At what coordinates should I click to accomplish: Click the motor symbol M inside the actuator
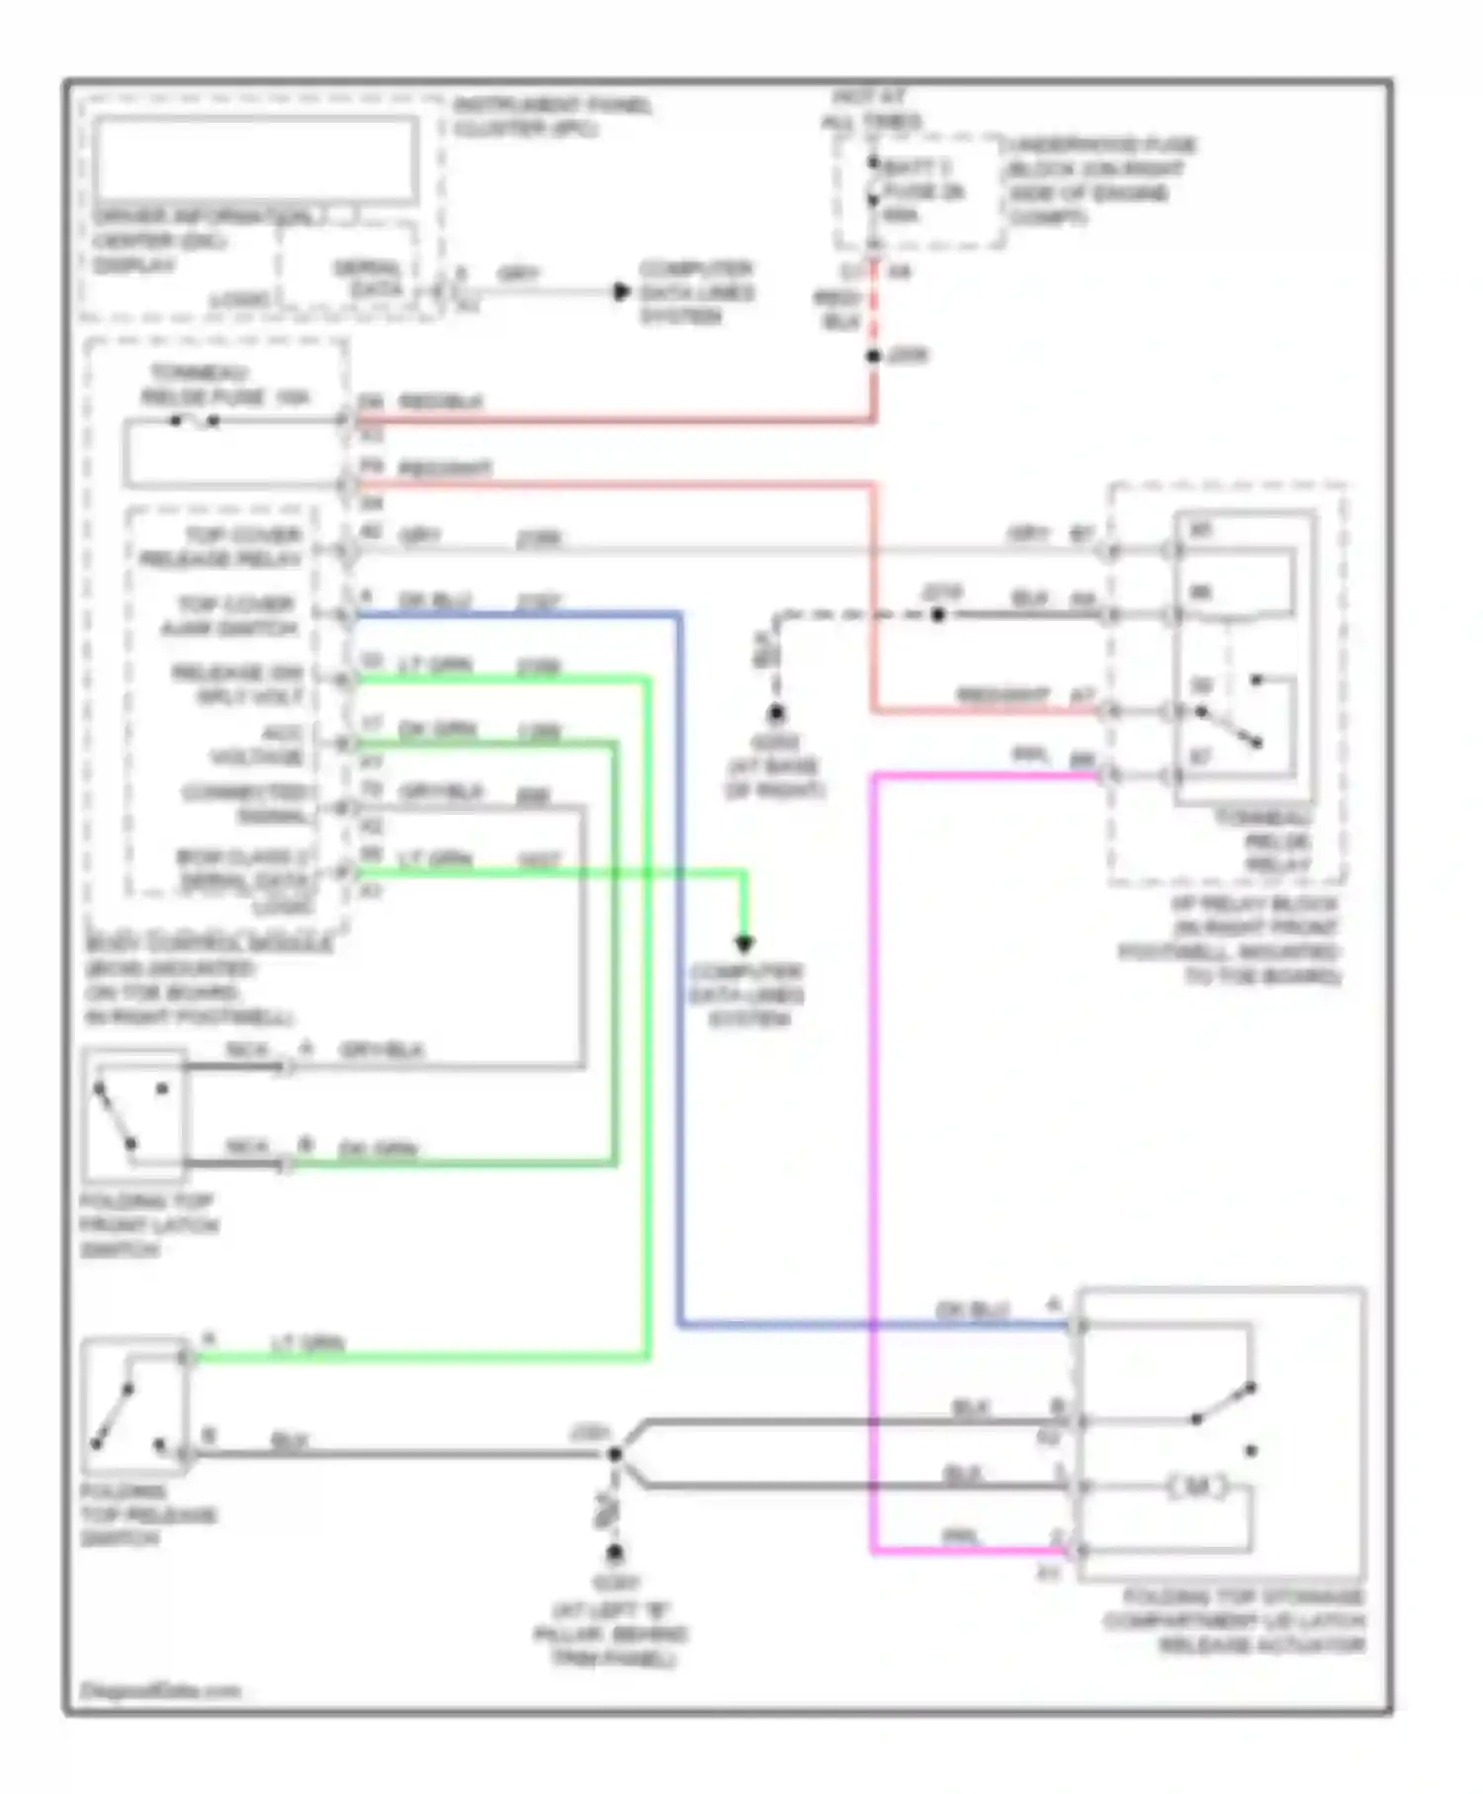pyautogui.click(x=1197, y=1486)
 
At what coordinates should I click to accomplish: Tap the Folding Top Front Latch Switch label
pyautogui.click(x=148, y=1225)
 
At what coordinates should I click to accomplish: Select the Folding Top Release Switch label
pyautogui.click(x=147, y=1514)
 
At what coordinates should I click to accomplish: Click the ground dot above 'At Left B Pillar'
pyautogui.click(x=614, y=1553)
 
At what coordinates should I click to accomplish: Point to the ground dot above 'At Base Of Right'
pyautogui.click(x=776, y=712)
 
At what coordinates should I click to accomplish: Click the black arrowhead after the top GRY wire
pyautogui.click(x=621, y=292)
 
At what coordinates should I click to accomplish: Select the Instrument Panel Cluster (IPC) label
pyautogui.click(x=552, y=117)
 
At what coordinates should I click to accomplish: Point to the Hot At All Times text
pyautogui.click(x=870, y=109)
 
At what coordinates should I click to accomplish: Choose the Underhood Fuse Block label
pyautogui.click(x=1100, y=181)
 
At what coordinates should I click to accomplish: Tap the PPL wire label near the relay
pyautogui.click(x=1030, y=755)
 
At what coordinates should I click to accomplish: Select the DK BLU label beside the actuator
pyautogui.click(x=973, y=1309)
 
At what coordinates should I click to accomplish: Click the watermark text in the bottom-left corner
pyautogui.click(x=160, y=1690)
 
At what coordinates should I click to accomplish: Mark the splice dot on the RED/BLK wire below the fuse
pyautogui.click(x=873, y=356)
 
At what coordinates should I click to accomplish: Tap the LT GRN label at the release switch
pyautogui.click(x=307, y=1343)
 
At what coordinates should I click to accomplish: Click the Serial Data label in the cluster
pyautogui.click(x=368, y=278)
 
